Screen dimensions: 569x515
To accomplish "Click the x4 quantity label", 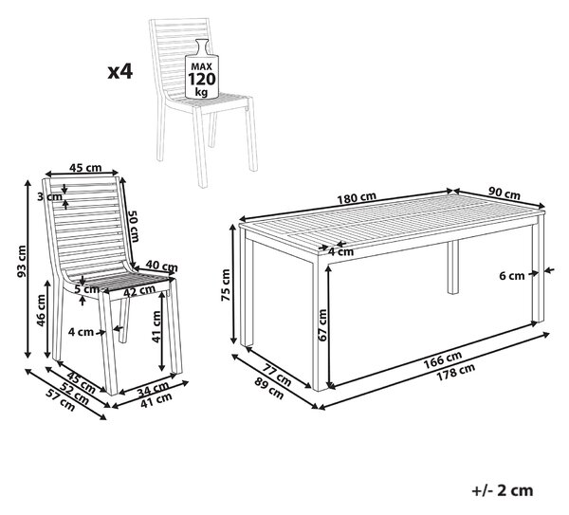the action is (120, 72).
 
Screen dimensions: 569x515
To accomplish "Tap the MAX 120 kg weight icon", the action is (202, 69).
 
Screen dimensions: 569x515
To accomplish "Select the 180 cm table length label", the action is (357, 198).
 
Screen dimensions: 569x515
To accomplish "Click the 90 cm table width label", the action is (505, 193).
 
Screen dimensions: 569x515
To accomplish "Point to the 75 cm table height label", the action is (226, 285).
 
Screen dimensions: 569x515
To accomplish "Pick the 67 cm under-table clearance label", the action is (321, 324).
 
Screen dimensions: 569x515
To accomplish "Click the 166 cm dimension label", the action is (444, 358).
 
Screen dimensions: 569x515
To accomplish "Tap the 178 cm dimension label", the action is (456, 372).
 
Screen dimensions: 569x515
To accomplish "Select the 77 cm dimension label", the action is (277, 375).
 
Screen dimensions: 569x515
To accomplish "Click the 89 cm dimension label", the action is (269, 389).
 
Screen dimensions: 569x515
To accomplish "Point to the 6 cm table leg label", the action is (512, 276).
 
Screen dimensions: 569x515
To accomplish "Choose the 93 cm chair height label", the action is (22, 262).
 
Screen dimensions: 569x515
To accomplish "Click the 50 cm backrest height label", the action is (133, 226).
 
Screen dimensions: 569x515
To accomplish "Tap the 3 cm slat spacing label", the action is (49, 196).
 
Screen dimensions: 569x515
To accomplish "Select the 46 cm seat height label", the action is (41, 310).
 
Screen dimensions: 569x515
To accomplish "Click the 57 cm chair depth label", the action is (61, 400).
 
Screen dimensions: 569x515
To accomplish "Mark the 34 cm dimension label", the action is (153, 388).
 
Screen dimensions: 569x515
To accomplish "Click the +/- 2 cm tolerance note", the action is (503, 490).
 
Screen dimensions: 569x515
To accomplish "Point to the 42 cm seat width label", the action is (139, 291).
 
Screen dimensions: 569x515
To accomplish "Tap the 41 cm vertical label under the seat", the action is (156, 326).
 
